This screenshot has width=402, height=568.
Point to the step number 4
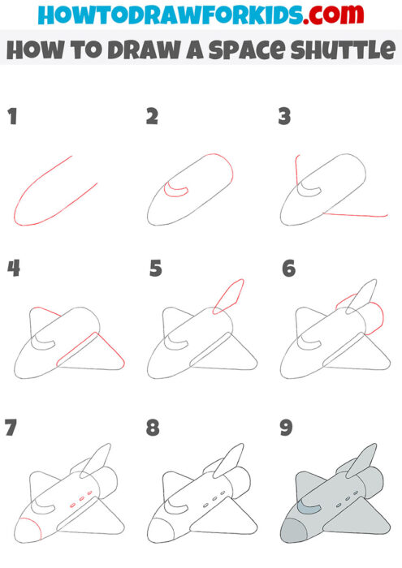tap(13, 268)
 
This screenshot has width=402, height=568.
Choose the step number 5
tap(156, 268)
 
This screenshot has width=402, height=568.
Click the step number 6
tap(288, 268)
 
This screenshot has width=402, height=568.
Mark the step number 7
tap(11, 428)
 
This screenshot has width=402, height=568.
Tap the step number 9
tap(286, 428)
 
